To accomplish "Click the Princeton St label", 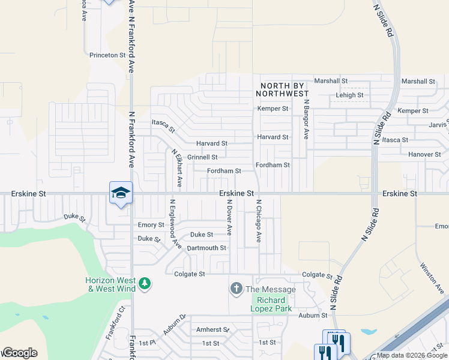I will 107,55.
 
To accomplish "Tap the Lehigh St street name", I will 349,95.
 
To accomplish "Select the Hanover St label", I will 424,154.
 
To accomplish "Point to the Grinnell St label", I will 202,157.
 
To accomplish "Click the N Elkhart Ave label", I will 176,168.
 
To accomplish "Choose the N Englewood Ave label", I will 175,224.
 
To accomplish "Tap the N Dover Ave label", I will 229,217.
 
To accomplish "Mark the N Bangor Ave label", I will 306,119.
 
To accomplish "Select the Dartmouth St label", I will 206,248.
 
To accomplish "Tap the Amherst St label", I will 213,329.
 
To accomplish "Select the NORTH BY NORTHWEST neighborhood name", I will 282,89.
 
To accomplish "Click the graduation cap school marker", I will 121,193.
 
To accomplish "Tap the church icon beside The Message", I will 236,289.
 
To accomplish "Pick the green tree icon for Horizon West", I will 144,283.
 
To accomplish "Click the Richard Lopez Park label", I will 271,304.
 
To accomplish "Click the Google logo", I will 20,353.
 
